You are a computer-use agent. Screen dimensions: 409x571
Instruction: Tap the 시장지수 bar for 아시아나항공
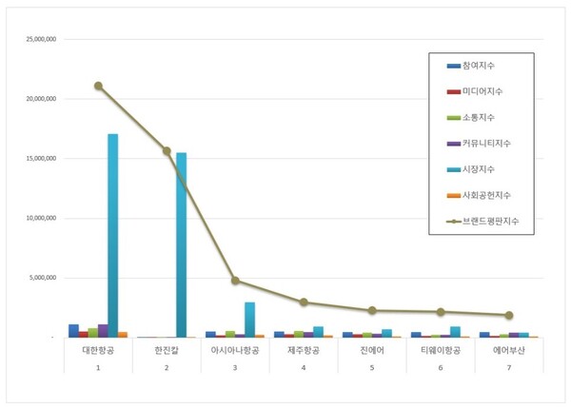249,320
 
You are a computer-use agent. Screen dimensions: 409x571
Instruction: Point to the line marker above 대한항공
98,86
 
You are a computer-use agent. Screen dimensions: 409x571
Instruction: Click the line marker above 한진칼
167,150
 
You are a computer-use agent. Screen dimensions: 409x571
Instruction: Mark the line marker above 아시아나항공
234,281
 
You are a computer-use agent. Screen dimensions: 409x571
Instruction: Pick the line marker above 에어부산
509,315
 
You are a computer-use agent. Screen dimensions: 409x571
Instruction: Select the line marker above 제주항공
303,302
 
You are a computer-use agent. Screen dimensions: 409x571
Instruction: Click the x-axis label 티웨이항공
441,351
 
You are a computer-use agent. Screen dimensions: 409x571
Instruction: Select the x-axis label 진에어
372,351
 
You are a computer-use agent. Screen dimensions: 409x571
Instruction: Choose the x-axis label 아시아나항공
234,351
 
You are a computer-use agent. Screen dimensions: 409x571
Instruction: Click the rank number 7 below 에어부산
509,368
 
